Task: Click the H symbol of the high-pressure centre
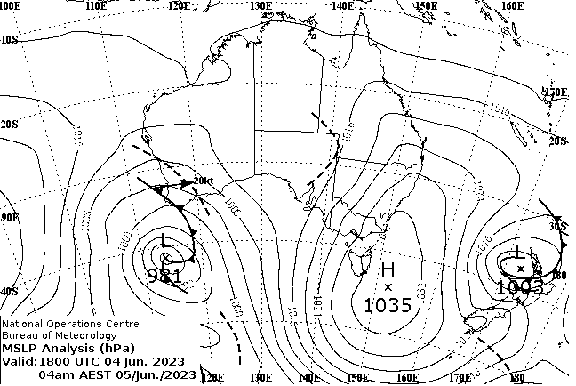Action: coord(388,269)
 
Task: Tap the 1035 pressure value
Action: coord(388,305)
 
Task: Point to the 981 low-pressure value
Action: coord(166,276)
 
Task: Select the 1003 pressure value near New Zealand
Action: coord(519,286)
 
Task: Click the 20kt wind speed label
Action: coord(203,181)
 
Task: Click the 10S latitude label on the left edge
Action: coord(9,40)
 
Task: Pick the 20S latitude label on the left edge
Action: coord(9,125)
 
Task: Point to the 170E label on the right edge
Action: coord(556,92)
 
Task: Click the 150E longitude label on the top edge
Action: coord(425,6)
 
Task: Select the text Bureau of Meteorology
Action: coord(59,335)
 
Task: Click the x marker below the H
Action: coord(388,286)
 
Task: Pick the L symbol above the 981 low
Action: coord(164,240)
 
